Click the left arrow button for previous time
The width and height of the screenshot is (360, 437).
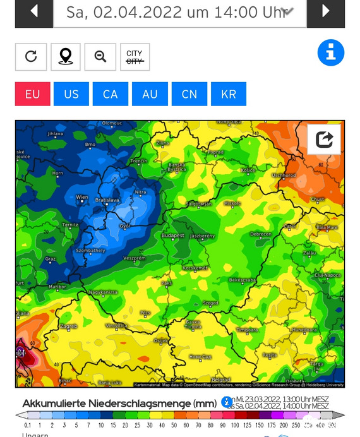[x=33, y=11]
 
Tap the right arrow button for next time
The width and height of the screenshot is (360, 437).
[x=326, y=11]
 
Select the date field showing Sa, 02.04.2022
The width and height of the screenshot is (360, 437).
[x=179, y=12]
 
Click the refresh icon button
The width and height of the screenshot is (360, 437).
[x=31, y=57]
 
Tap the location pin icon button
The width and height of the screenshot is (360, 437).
[x=65, y=57]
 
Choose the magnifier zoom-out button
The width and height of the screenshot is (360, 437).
[x=100, y=57]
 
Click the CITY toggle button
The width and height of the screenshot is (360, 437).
[x=135, y=57]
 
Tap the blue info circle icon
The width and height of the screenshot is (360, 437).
[x=331, y=53]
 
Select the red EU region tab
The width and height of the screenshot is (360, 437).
[x=32, y=94]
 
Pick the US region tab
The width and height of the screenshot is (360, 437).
[x=71, y=94]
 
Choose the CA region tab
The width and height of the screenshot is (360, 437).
[x=111, y=94]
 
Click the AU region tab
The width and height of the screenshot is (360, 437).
[x=150, y=94]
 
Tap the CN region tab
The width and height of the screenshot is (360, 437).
[x=189, y=94]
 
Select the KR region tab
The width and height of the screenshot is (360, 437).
[x=229, y=94]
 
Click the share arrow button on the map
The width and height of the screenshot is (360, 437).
[x=324, y=140]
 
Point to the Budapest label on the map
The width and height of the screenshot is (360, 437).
[x=172, y=236]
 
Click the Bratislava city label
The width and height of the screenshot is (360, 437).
[x=107, y=200]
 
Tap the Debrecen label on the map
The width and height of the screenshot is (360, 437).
[x=261, y=234]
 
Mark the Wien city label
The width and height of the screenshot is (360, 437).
[x=82, y=198]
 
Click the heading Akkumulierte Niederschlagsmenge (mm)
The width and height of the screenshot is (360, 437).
[x=119, y=404]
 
